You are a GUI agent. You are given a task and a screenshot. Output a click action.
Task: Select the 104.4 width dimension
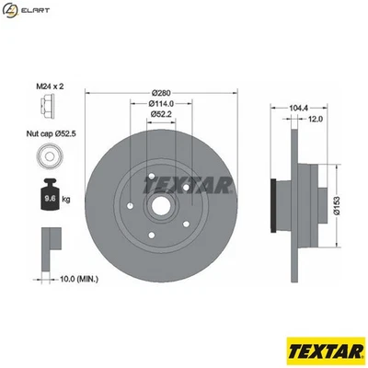click(x=297, y=108)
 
